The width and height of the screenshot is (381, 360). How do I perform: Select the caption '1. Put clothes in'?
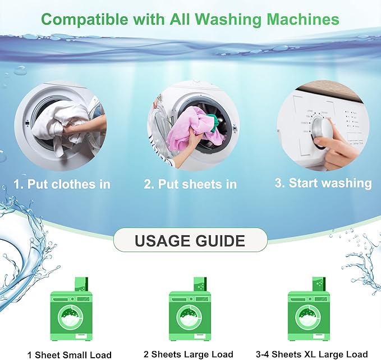point(62,184)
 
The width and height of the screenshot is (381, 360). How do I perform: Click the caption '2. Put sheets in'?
point(190,184)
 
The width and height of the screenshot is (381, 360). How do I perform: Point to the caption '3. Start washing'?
point(323,183)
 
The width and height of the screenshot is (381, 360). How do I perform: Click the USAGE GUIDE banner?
point(190,241)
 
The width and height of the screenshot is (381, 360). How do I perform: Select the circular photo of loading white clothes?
point(61,126)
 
